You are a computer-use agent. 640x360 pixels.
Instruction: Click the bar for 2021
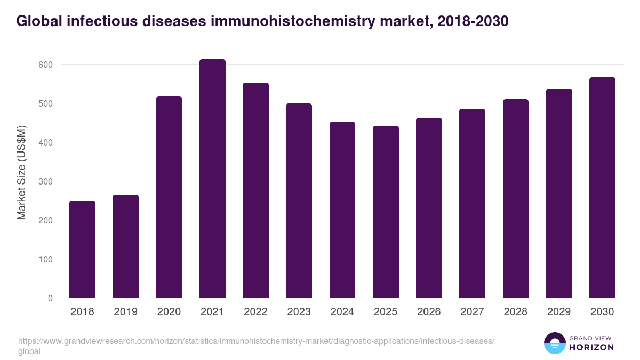pos(212,179)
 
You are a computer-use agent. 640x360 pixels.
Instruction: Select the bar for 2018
pos(82,249)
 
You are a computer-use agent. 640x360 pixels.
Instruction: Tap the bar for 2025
pos(386,212)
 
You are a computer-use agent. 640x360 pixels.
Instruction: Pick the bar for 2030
pos(602,188)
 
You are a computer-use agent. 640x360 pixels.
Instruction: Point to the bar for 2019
pos(125,246)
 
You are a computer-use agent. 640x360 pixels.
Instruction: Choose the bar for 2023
pos(299,201)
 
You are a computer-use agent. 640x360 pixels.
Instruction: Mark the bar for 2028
pos(516,198)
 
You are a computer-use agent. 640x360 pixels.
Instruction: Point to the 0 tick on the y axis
pos(50,298)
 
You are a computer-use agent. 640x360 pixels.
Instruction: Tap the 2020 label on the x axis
pos(169,312)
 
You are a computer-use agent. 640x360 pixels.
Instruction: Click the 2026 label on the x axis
pos(429,312)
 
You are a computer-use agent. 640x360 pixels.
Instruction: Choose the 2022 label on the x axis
pos(255,312)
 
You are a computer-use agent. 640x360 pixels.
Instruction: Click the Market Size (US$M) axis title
pos(21,173)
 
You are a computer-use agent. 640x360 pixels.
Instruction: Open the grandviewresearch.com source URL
pos(256,341)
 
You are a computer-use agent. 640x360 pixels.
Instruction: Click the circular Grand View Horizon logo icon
pos(555,343)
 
